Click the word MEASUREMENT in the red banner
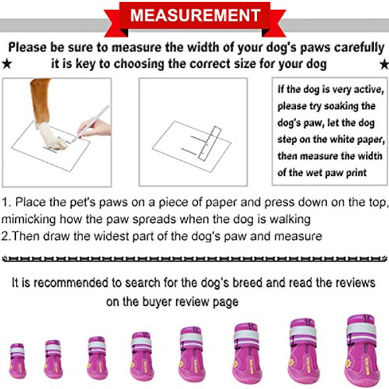(x=196, y=15)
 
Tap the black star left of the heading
(x=7, y=64)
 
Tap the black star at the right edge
(x=384, y=64)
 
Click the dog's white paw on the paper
(x=52, y=136)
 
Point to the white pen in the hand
(x=90, y=124)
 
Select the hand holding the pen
(x=95, y=128)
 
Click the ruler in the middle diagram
(x=210, y=144)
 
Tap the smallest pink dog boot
(x=17, y=361)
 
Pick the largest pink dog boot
(x=363, y=351)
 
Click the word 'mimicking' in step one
(x=28, y=220)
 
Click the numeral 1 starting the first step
(x=5, y=202)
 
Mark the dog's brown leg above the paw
(x=40, y=100)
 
